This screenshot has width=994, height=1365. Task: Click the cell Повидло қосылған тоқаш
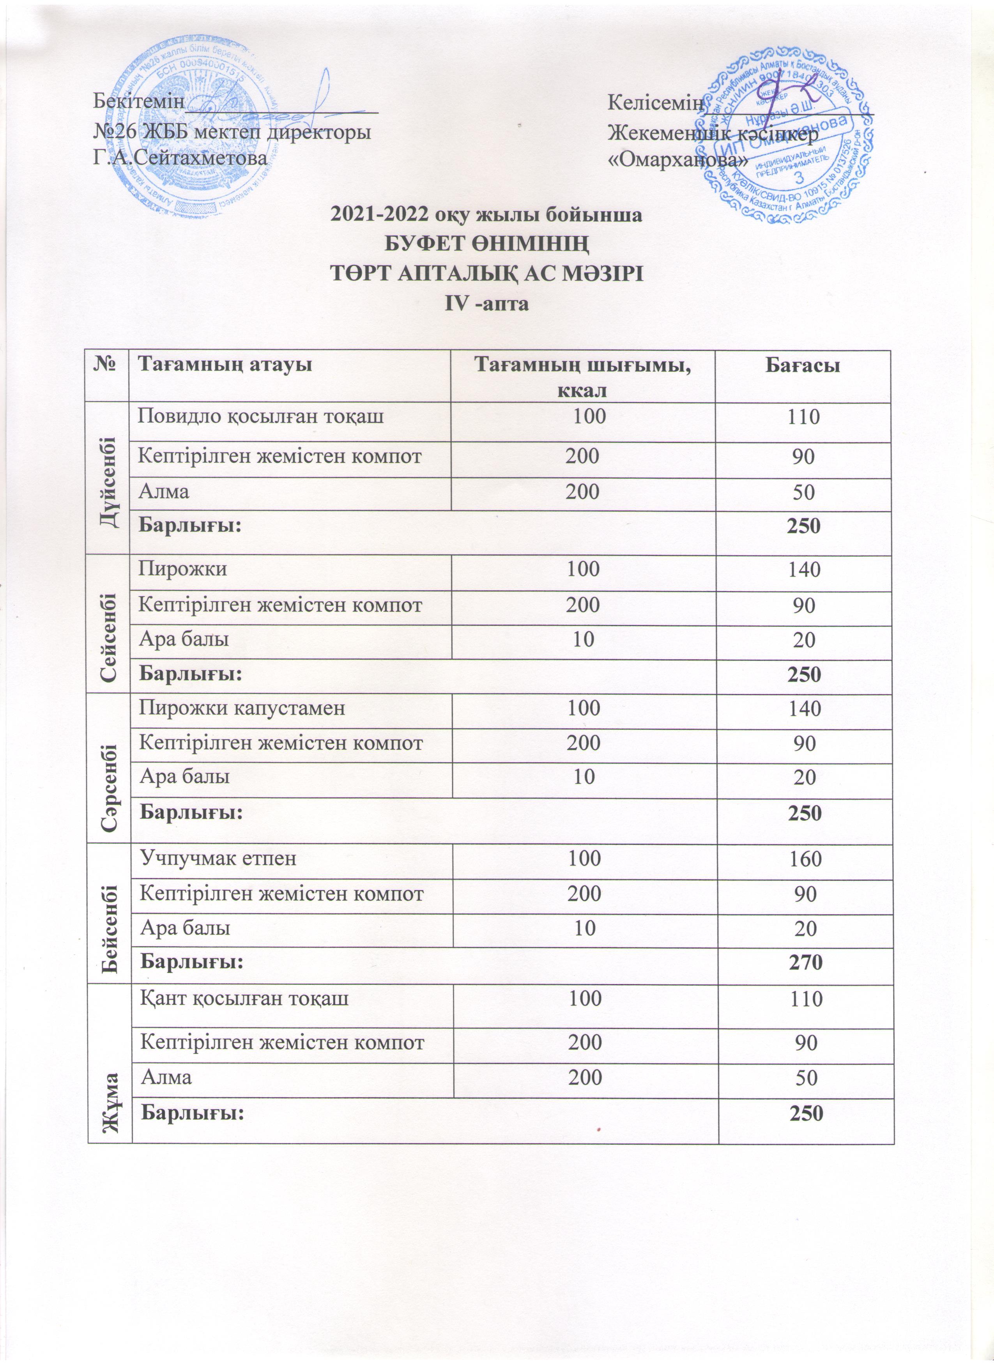[261, 416]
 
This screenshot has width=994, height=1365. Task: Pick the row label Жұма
[110, 1059]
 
